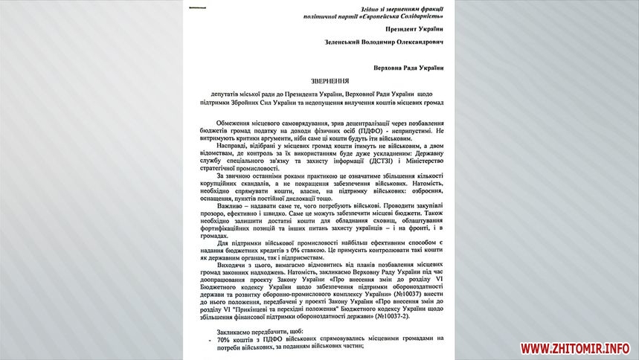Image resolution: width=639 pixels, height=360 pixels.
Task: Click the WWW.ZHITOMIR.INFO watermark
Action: [575, 348]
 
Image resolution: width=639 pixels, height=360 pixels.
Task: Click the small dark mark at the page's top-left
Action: [198, 8]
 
